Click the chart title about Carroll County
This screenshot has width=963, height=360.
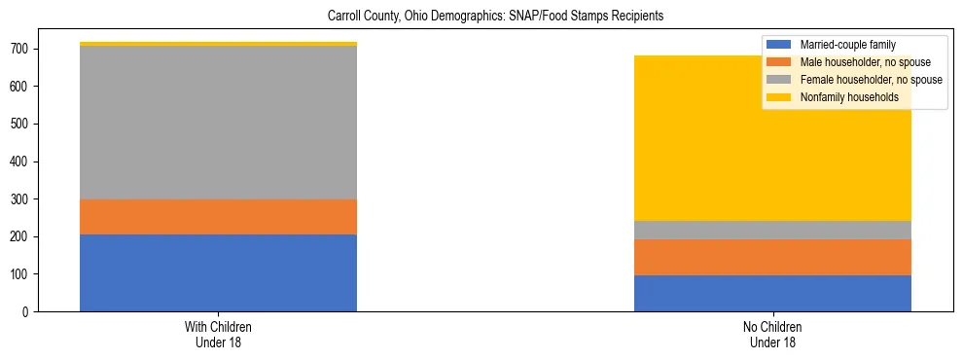click(x=481, y=17)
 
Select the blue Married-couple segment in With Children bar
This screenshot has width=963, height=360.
click(x=218, y=272)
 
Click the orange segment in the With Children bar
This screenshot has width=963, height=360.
click(x=218, y=217)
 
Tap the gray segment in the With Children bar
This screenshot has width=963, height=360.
click(x=218, y=123)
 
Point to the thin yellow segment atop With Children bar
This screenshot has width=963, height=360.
click(x=218, y=44)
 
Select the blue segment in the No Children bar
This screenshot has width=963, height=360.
click(x=772, y=293)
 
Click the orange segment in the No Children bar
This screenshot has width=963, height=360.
click(x=772, y=257)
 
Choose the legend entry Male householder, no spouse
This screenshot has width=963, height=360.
click(x=862, y=62)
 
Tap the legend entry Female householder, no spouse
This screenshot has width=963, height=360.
click(x=870, y=80)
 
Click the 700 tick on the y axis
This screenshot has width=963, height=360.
click(x=19, y=49)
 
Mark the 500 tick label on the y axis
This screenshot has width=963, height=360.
click(x=19, y=124)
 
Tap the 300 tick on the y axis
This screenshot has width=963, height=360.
click(x=19, y=198)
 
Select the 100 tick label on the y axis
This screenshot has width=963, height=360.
click(x=19, y=274)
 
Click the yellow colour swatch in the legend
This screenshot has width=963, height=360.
click(x=779, y=97)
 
